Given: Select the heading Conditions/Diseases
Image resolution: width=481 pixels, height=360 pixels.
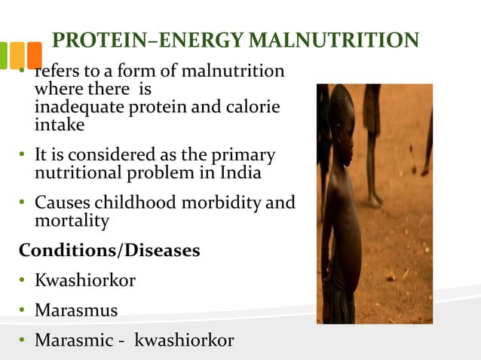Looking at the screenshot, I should pyautogui.click(x=109, y=249).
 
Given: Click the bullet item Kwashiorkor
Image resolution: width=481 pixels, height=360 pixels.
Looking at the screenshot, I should pyautogui.click(x=85, y=280).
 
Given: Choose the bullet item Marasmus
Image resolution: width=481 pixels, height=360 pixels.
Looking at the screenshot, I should pyautogui.click(x=76, y=310).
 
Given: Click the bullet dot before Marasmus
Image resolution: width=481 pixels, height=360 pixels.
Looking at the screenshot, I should pyautogui.click(x=23, y=310).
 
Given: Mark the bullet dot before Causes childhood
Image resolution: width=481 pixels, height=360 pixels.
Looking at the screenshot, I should pyautogui.click(x=23, y=204).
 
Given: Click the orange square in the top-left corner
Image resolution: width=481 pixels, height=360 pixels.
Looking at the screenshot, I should pyautogui.click(x=34, y=54).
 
